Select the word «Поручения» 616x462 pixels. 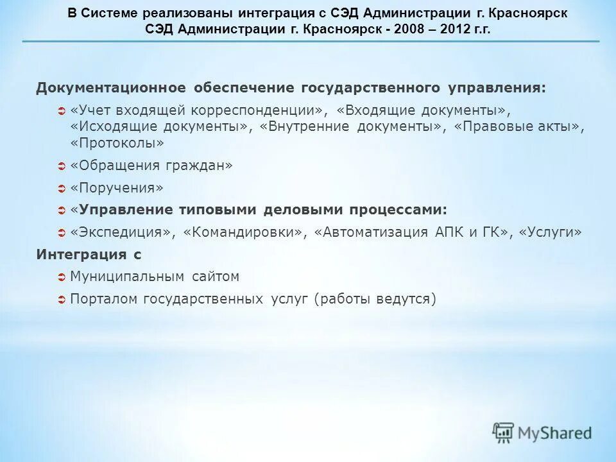(x=117, y=188)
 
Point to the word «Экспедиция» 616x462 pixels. (x=123, y=232)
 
